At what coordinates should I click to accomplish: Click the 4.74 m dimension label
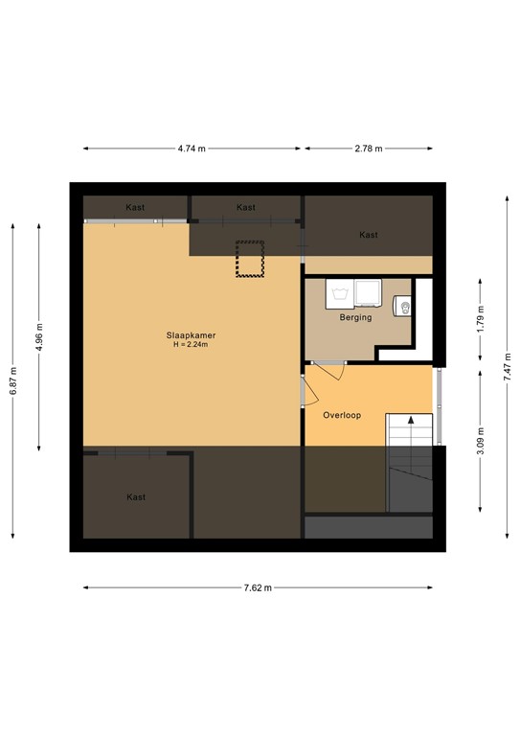[193, 149]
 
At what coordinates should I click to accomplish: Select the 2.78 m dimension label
[368, 149]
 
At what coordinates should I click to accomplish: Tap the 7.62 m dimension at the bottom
[257, 587]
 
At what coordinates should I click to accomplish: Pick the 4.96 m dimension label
[39, 335]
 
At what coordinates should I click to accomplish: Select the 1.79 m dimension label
[482, 319]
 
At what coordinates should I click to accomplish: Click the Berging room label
[355, 317]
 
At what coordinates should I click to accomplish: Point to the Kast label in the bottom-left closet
[137, 496]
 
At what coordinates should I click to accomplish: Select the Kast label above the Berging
[368, 235]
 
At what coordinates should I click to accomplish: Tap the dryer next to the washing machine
[368, 291]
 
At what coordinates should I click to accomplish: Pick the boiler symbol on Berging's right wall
[403, 308]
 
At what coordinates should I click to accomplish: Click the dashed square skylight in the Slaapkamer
[251, 260]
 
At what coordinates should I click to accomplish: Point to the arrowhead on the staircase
[410, 420]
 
